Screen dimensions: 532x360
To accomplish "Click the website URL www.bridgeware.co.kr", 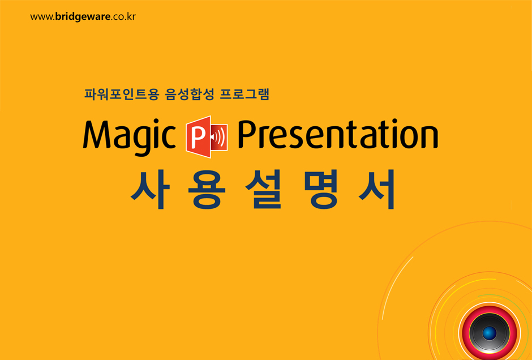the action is [83, 16].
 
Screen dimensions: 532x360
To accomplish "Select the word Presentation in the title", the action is [338, 134].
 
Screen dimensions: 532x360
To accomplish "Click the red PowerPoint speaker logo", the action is [207, 137].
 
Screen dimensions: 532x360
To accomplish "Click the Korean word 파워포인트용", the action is [121, 94].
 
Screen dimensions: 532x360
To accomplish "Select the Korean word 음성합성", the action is [189, 94].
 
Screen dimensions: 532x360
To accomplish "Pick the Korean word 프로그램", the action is [244, 94].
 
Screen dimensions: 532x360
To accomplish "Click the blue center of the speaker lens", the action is [489, 333].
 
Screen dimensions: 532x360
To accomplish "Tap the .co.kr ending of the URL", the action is [123, 17].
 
